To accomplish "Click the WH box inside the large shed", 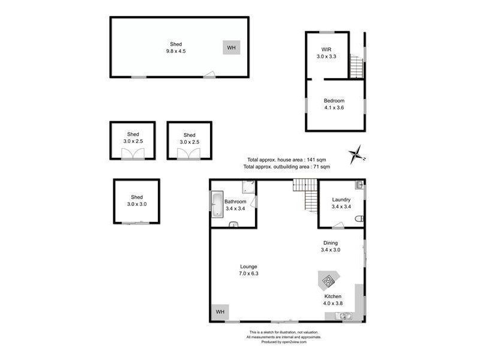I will click(231, 48).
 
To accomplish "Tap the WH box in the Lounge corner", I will click(220, 312).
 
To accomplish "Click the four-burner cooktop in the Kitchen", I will click(329, 280).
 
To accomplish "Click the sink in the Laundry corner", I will click(358, 185).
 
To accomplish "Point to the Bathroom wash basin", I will click(234, 224).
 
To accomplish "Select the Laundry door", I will click(338, 225).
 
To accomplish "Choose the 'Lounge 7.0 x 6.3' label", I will click(248, 270).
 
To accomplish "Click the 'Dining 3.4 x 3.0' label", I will click(331, 246).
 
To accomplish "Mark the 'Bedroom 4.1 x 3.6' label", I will click(334, 104).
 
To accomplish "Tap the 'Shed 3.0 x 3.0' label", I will click(136, 200).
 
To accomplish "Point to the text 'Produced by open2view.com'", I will click(283, 342).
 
